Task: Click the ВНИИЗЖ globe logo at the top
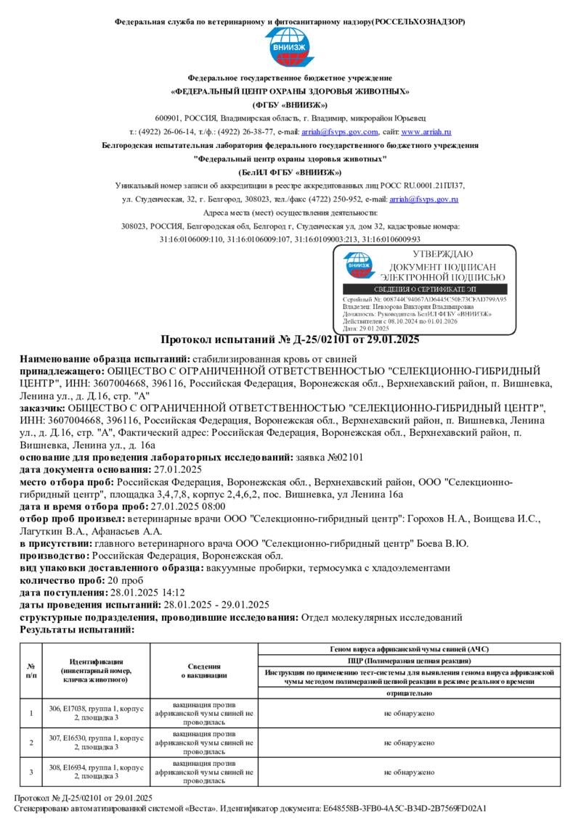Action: [x=290, y=49]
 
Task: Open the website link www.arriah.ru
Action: [x=426, y=132]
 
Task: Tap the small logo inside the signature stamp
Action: [x=357, y=265]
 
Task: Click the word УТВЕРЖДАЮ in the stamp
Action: [x=442, y=254]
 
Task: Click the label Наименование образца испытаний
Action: [x=104, y=358]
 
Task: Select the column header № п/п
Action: [x=31, y=670]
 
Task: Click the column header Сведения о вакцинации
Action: [x=204, y=670]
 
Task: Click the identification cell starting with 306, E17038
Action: [x=96, y=712]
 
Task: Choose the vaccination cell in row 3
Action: [x=204, y=772]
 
